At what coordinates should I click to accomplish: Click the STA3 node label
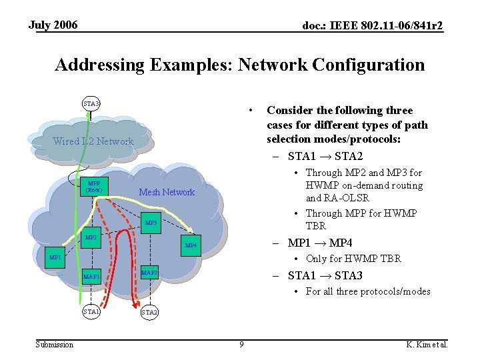[91, 103]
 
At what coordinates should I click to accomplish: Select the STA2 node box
[149, 312]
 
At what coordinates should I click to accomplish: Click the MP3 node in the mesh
[151, 223]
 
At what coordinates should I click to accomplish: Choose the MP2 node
[91, 237]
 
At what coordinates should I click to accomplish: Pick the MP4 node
[191, 245]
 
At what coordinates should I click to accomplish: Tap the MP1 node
[54, 257]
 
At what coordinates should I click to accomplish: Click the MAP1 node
[91, 276]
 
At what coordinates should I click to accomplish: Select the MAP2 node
[149, 272]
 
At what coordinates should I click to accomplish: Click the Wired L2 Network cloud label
[93, 141]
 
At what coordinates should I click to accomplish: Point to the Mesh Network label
[167, 193]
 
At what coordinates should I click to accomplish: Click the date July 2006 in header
[53, 25]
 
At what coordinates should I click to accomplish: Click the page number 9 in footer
[242, 345]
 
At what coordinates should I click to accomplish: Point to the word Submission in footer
[54, 345]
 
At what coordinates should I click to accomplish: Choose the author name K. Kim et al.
[427, 345]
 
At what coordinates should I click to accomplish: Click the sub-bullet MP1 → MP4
[319, 243]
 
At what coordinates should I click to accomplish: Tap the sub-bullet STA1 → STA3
[325, 275]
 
